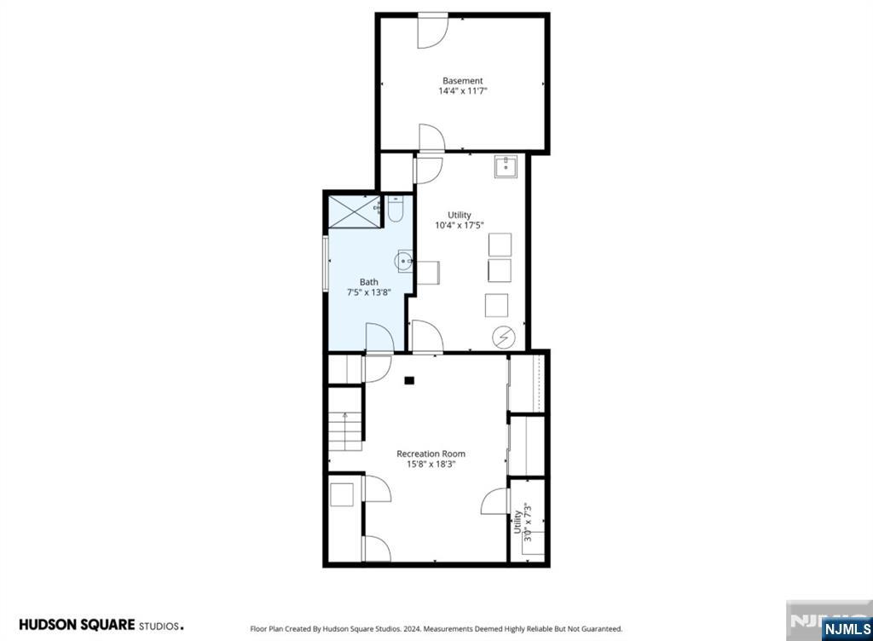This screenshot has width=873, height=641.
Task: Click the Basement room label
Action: point(462,81)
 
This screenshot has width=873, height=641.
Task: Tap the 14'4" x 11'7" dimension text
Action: point(463,90)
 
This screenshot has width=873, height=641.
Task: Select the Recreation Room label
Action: point(431,453)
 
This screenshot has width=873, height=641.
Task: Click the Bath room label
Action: point(368,282)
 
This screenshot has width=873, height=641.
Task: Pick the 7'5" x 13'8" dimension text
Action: point(368,292)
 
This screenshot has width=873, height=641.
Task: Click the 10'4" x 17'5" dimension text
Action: point(460,225)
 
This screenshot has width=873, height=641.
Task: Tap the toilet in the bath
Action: point(396,209)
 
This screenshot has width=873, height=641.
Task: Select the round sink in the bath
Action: point(403,261)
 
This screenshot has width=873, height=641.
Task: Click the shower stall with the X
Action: point(354,211)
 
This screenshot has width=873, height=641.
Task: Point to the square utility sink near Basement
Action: point(506,166)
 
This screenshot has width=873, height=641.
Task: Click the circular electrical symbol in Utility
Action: point(503,338)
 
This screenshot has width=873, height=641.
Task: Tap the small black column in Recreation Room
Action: point(409,380)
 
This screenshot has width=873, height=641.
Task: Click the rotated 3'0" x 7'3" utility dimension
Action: point(523,522)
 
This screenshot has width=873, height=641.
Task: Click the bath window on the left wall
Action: point(326,263)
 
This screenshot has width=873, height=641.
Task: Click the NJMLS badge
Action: point(847,629)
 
